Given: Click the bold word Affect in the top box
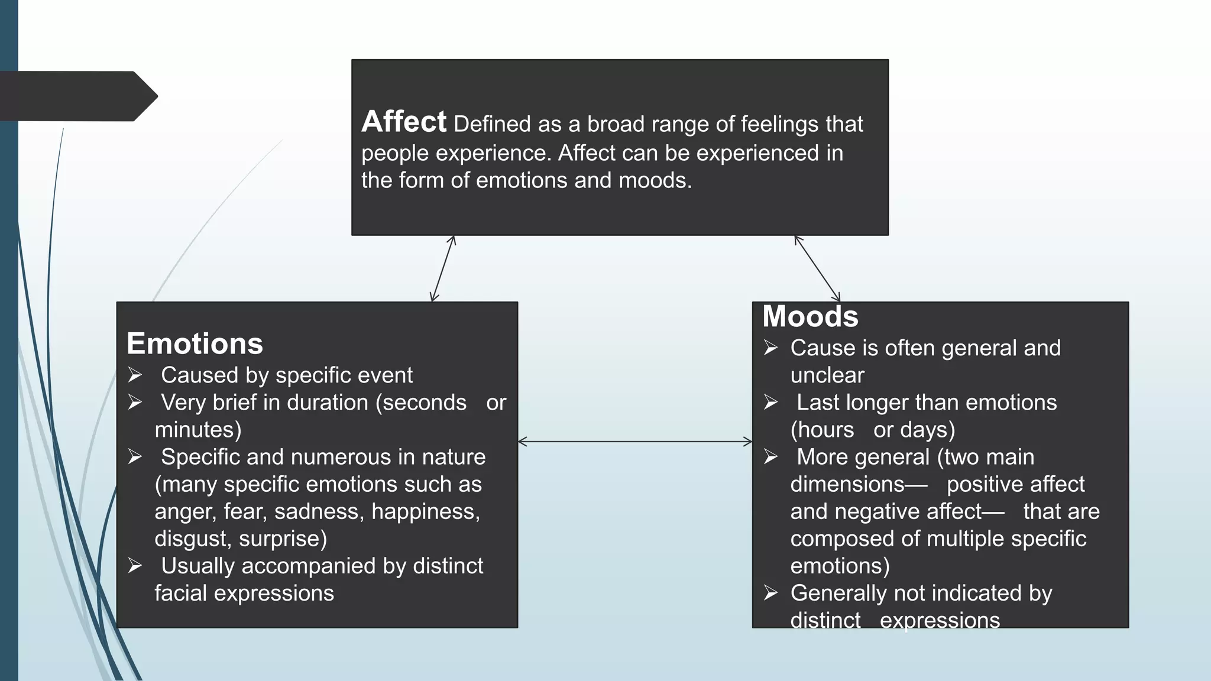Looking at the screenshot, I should pyautogui.click(x=403, y=122).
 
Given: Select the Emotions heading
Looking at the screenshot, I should pyautogui.click(x=195, y=343).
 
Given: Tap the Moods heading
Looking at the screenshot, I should pyautogui.click(x=810, y=316).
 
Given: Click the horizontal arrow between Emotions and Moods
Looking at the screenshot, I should pyautogui.click(x=634, y=442).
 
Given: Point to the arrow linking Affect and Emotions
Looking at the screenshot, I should pyautogui.click(x=443, y=269).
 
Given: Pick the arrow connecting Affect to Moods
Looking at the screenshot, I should pyautogui.click(x=817, y=269).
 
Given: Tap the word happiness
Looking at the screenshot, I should pyautogui.click(x=425, y=512).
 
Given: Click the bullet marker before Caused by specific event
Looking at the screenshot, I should pyautogui.click(x=135, y=375).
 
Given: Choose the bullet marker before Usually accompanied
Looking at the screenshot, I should pyautogui.click(x=135, y=566).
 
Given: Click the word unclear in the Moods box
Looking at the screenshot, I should pyautogui.click(x=827, y=375).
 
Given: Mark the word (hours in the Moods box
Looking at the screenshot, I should pyautogui.click(x=822, y=430).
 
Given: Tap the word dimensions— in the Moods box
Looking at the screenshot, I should pyautogui.click(x=859, y=484).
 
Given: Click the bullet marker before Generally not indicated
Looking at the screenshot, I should pyautogui.click(x=770, y=593).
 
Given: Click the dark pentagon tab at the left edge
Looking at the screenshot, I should pyautogui.click(x=77, y=96).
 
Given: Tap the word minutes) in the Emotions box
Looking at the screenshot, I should pyautogui.click(x=198, y=430).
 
